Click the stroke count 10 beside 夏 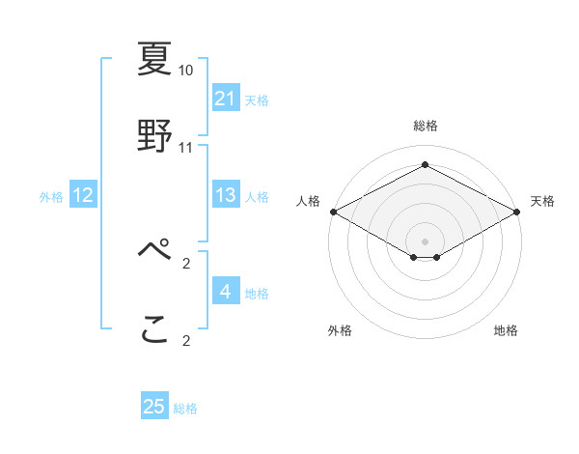pos(186,71)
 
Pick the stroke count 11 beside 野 pos(186,148)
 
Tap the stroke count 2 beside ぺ pos(186,263)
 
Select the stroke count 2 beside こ pos(186,340)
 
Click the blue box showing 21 pos(225,99)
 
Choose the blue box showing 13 pos(225,195)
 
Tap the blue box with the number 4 pos(225,292)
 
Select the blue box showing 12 pos(82,195)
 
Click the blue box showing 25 pos(154,407)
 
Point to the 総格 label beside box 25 pos(185,409)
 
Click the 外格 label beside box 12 pos(51,197)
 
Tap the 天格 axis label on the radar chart pos(542,201)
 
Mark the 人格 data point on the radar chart pos(332,212)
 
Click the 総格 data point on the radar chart pos(425,165)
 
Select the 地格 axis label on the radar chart pos(506,331)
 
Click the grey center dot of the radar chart pos(425,240)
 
